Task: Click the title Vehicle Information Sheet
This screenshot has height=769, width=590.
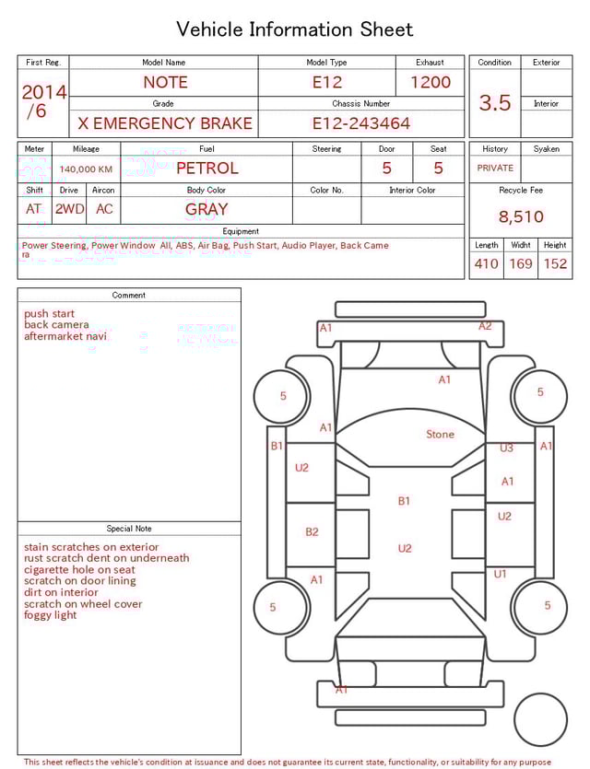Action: (295, 29)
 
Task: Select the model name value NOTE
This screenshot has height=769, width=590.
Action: (166, 82)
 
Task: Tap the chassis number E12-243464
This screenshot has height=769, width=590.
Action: (360, 123)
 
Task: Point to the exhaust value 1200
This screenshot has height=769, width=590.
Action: (431, 82)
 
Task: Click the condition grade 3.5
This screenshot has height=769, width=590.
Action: (495, 102)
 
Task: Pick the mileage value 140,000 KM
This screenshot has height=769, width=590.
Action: (86, 169)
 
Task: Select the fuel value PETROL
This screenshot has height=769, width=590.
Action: (206, 169)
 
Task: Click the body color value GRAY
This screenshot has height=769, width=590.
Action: (206, 209)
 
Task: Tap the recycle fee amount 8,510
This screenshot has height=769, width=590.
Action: (521, 217)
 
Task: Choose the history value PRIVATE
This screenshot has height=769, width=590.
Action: (495, 169)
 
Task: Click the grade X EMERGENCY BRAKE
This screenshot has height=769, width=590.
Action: (166, 123)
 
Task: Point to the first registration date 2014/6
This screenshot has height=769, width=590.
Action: (43, 101)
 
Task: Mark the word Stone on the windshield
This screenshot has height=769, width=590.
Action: (440, 435)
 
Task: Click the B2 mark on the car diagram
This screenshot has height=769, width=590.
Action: (312, 531)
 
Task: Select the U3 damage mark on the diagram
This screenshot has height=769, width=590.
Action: (506, 449)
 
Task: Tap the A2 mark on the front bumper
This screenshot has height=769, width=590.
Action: (485, 326)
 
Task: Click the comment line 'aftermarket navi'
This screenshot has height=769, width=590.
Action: (65, 336)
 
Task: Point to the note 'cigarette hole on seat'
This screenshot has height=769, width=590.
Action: (79, 569)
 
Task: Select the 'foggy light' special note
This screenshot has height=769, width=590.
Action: (51, 615)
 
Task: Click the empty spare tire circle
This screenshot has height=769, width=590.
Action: (540, 720)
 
